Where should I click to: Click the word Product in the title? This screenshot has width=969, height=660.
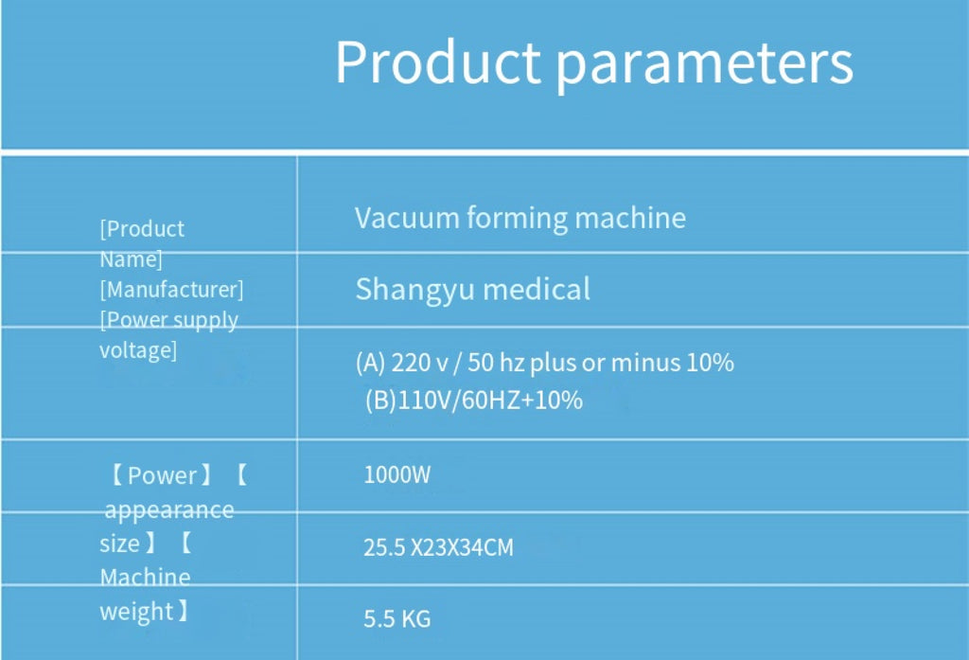(x=438, y=62)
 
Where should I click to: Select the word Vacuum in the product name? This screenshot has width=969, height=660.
(x=407, y=218)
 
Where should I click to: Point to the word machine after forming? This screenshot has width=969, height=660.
(x=630, y=218)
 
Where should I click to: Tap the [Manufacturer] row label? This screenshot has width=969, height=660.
(x=172, y=290)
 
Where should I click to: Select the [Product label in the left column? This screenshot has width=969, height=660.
(x=142, y=229)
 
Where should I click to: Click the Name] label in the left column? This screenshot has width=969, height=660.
(x=131, y=259)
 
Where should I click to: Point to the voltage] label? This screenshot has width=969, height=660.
(x=138, y=350)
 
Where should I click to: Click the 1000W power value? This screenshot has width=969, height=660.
(x=396, y=475)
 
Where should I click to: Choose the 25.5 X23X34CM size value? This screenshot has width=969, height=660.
(x=438, y=547)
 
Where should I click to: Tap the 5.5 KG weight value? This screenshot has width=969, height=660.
(x=396, y=618)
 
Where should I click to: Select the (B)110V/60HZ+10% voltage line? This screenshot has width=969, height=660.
(x=474, y=401)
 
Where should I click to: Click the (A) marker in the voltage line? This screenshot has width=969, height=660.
(x=371, y=363)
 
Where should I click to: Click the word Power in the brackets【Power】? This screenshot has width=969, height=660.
(x=162, y=475)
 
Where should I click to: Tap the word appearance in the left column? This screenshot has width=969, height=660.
(x=169, y=511)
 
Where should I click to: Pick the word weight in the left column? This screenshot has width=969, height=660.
(x=136, y=612)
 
